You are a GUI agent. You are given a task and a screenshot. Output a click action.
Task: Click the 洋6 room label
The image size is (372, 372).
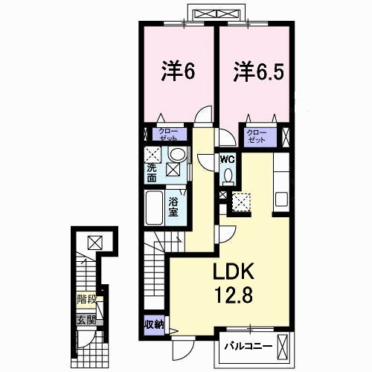point(179,71)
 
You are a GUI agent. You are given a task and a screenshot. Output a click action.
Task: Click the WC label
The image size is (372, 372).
point(227,158)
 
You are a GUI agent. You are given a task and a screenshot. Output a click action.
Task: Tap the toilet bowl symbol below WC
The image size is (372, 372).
point(228,176)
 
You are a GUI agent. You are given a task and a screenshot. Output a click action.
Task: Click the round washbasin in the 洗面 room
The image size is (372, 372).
point(178,155)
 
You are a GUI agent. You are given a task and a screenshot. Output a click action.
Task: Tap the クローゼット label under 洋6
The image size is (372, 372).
point(166,135)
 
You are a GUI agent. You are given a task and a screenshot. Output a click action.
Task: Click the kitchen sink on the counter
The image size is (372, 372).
point(281,199)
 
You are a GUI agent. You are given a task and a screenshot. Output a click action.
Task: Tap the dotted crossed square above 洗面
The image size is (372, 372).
point(153,155)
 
